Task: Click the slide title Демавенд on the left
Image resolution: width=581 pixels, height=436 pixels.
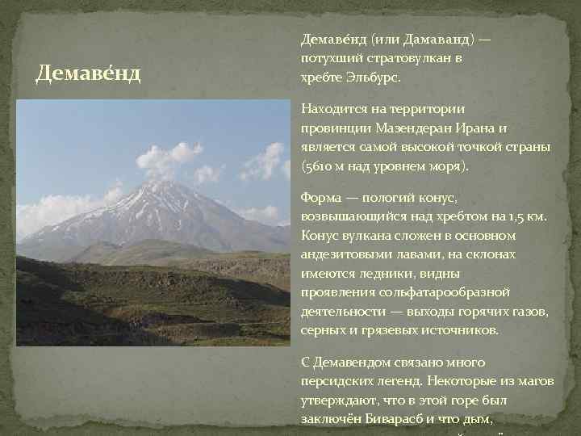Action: [89, 75]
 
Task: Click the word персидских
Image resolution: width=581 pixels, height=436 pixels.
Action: [336, 381]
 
